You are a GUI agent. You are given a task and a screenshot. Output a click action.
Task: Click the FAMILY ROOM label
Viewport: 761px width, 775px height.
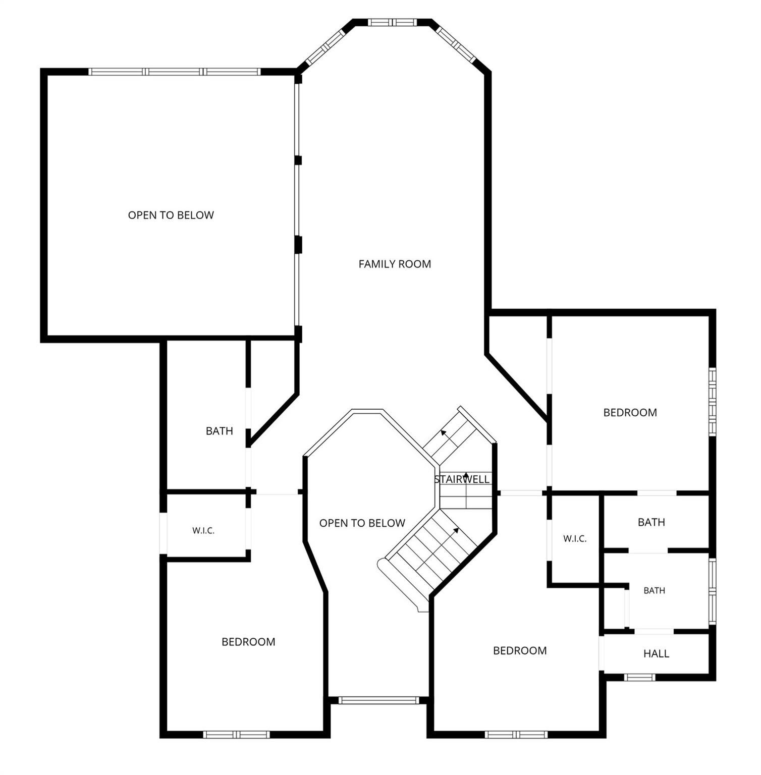(x=395, y=264)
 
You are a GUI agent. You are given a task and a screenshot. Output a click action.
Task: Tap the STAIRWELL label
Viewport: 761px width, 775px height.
(x=462, y=479)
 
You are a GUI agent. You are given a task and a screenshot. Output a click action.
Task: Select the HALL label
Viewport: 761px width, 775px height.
(x=656, y=654)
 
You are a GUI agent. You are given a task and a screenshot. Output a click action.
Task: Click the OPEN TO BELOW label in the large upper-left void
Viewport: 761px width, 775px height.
(x=171, y=215)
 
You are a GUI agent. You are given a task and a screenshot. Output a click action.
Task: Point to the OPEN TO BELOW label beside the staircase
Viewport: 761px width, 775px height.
(x=362, y=523)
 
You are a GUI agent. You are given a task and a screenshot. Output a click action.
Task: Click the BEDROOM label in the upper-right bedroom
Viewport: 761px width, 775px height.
(x=630, y=413)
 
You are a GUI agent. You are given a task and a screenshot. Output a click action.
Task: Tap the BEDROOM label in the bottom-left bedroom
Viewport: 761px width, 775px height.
(x=248, y=642)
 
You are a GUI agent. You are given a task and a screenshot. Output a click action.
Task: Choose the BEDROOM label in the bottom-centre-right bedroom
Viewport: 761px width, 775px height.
(x=520, y=651)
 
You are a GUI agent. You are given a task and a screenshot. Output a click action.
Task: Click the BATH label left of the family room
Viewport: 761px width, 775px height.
(x=220, y=431)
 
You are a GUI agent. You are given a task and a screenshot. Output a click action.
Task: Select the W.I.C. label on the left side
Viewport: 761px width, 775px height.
(x=203, y=531)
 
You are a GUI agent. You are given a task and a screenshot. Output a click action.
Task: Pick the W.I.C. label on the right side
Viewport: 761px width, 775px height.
(x=575, y=539)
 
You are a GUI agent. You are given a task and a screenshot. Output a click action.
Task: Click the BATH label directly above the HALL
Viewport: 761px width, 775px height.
(x=655, y=590)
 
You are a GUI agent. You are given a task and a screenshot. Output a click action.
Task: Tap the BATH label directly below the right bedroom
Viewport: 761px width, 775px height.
(x=651, y=522)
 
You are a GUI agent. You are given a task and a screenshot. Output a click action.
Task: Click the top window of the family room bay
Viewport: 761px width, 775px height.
(x=392, y=22)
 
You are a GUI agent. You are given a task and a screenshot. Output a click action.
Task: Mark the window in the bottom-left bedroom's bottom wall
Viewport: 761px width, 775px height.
(x=237, y=735)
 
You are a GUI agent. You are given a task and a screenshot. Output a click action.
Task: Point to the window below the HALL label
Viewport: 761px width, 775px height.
(x=639, y=677)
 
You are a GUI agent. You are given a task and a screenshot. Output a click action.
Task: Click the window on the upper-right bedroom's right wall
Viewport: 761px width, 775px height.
(x=713, y=402)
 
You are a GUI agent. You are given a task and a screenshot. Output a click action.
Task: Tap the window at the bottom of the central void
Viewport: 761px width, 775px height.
(x=378, y=700)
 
